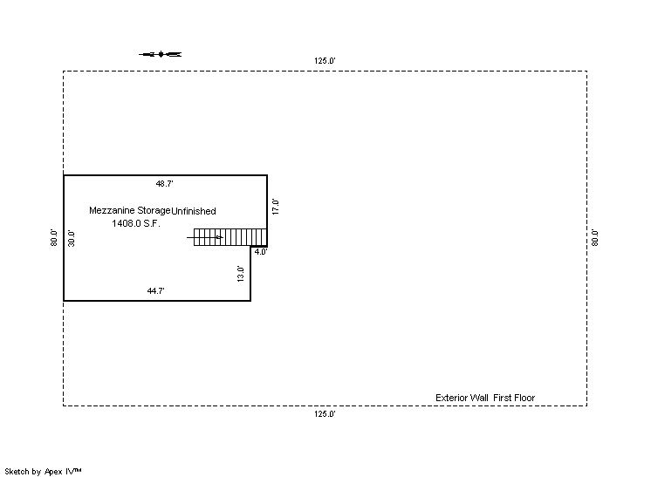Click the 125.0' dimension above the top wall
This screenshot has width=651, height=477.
click(x=325, y=61)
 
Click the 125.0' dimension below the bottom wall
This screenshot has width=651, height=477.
click(x=325, y=414)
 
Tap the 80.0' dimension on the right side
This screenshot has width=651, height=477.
click(x=595, y=237)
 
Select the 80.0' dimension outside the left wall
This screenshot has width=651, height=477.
click(x=54, y=237)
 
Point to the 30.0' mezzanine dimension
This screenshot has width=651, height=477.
click(x=72, y=237)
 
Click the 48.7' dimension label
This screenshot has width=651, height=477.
click(x=164, y=184)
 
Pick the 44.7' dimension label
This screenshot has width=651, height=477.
click(x=156, y=291)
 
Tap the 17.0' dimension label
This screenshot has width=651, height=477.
click(x=275, y=207)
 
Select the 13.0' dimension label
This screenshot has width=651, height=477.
click(x=241, y=273)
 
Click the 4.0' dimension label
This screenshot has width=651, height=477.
click(x=260, y=252)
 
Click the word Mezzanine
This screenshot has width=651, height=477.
click(x=110, y=211)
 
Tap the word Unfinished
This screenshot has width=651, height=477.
click(x=194, y=211)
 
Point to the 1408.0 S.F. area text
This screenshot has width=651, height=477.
click(x=136, y=223)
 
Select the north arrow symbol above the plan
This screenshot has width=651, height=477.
click(x=161, y=54)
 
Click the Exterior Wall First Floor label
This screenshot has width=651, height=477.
click(x=485, y=398)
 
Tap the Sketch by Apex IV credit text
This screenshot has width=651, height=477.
click(x=43, y=471)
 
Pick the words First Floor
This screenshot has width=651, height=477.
click(x=514, y=398)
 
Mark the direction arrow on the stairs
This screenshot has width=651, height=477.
click(x=205, y=236)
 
